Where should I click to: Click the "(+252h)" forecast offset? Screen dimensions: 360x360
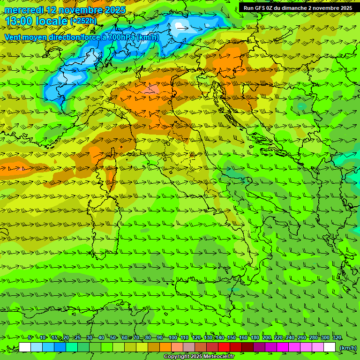point(83,21)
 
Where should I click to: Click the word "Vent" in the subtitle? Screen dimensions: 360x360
point(14,37)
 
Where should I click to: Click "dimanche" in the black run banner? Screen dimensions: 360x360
point(296,8)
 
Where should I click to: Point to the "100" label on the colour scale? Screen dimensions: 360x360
point(173,338)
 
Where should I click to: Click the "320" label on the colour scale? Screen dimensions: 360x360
point(337,338)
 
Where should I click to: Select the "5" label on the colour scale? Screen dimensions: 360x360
point(29,338)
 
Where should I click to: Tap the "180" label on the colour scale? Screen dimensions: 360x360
point(255,338)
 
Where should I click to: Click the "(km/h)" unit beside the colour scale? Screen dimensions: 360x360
point(347,348)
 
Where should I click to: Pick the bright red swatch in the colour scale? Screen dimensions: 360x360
point(224,347)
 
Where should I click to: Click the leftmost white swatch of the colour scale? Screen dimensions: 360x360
point(25,347)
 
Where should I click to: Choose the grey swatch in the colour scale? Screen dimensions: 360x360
point(189,347)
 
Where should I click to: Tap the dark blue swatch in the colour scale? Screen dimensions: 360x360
point(60,347)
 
